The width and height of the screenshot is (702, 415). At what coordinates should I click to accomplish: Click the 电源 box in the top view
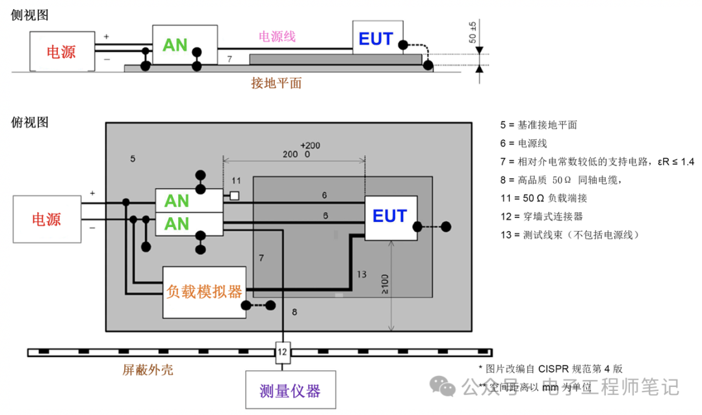(47, 219)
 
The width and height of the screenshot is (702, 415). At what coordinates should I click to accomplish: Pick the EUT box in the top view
(390, 217)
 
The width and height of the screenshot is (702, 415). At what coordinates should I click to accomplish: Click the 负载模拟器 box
(204, 291)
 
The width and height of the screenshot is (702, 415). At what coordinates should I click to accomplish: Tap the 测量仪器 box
(290, 390)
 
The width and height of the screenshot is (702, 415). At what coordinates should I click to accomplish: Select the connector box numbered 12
(282, 353)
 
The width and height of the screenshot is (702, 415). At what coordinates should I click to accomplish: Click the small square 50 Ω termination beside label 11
(235, 195)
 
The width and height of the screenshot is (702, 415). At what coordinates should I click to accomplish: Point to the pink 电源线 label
(278, 36)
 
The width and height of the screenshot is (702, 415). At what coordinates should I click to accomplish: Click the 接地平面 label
(276, 83)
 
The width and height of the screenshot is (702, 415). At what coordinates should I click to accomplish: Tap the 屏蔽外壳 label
(148, 370)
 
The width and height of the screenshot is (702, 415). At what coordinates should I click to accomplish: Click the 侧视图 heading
(30, 15)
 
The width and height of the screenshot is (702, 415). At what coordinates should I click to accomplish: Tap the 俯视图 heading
(30, 122)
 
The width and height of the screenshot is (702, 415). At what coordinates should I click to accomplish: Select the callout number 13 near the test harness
(361, 274)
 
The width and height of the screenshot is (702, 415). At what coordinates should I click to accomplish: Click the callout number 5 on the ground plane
(133, 158)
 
